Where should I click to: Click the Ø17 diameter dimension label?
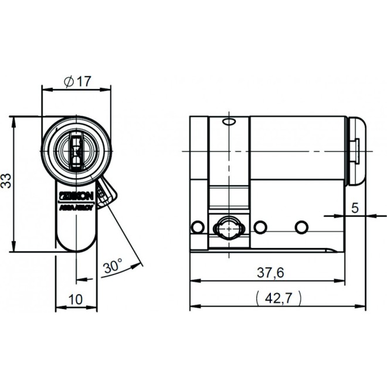point(77,82)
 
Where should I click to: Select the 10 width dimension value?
point(76,298)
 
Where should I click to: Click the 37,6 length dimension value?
point(271,272)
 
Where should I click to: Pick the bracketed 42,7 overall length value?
point(279,297)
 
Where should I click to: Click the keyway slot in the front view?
point(76,148)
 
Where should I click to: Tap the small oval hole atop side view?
point(229,122)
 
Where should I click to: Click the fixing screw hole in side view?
point(228,228)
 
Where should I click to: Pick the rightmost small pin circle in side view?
point(301,226)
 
